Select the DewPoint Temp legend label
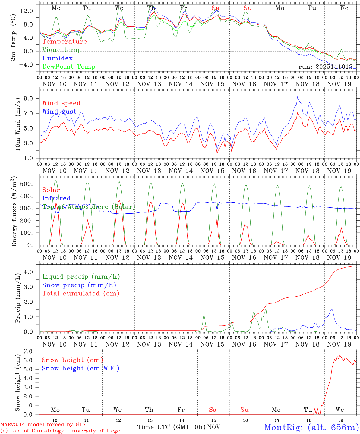[x=69, y=67]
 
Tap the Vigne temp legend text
[x=62, y=50]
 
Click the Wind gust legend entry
[x=59, y=112]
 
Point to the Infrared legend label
[x=56, y=198]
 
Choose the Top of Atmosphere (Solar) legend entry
[x=89, y=207]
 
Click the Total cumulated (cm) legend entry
[x=81, y=293]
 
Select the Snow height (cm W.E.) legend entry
[x=80, y=368]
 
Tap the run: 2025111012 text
[x=325, y=67]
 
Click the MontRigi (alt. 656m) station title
[x=311, y=427]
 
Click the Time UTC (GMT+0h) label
[x=171, y=427]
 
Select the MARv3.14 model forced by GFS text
[x=43, y=425]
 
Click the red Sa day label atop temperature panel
[x=215, y=8]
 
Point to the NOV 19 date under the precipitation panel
[x=339, y=344]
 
